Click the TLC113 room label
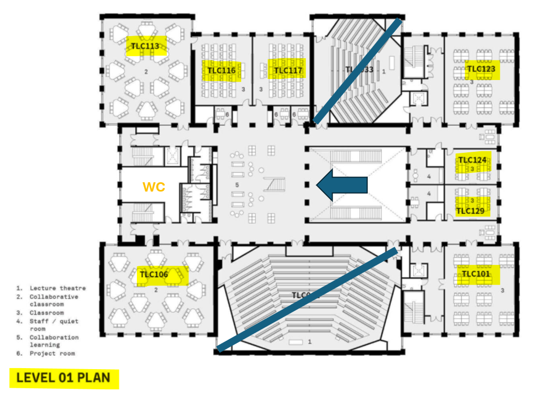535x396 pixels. tap(146, 46)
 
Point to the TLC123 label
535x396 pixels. tap(481, 69)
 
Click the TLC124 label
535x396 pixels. tap(473, 160)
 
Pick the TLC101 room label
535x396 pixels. tap(476, 274)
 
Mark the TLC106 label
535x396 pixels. tap(154, 275)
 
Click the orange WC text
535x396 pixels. tap(154, 187)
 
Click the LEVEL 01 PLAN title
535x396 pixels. tap(64, 378)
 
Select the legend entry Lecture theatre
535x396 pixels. tap(57, 288)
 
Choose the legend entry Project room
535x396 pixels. tap(52, 354)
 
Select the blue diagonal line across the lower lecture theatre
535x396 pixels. tap(308, 300)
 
